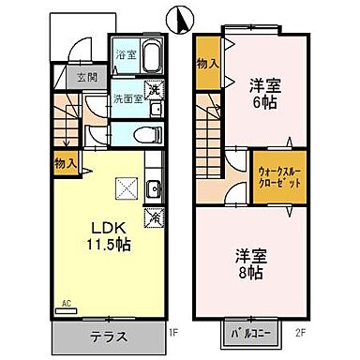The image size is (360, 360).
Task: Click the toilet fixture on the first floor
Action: pyautogui.click(x=142, y=134)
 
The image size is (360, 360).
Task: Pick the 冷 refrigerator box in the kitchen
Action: pyautogui.click(x=152, y=217)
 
